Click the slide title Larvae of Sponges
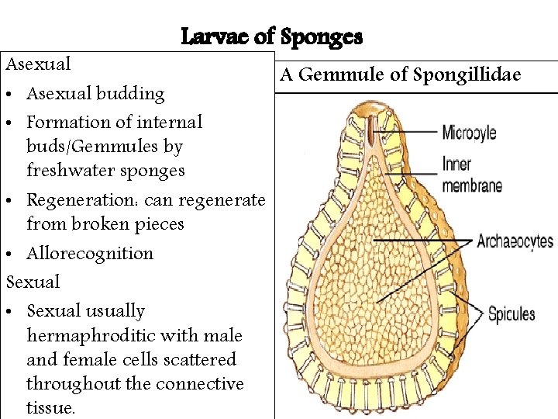tap(271, 36)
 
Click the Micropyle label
tap(469, 133)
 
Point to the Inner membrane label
tap(471, 175)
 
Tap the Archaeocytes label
tap(515, 241)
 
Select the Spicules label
tap(511, 313)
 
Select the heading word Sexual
tap(33, 282)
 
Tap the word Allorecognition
tap(90, 253)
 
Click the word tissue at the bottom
tap(50, 407)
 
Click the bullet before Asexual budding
tap(12, 95)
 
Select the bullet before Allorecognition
tap(12, 255)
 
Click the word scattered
tap(198, 359)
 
